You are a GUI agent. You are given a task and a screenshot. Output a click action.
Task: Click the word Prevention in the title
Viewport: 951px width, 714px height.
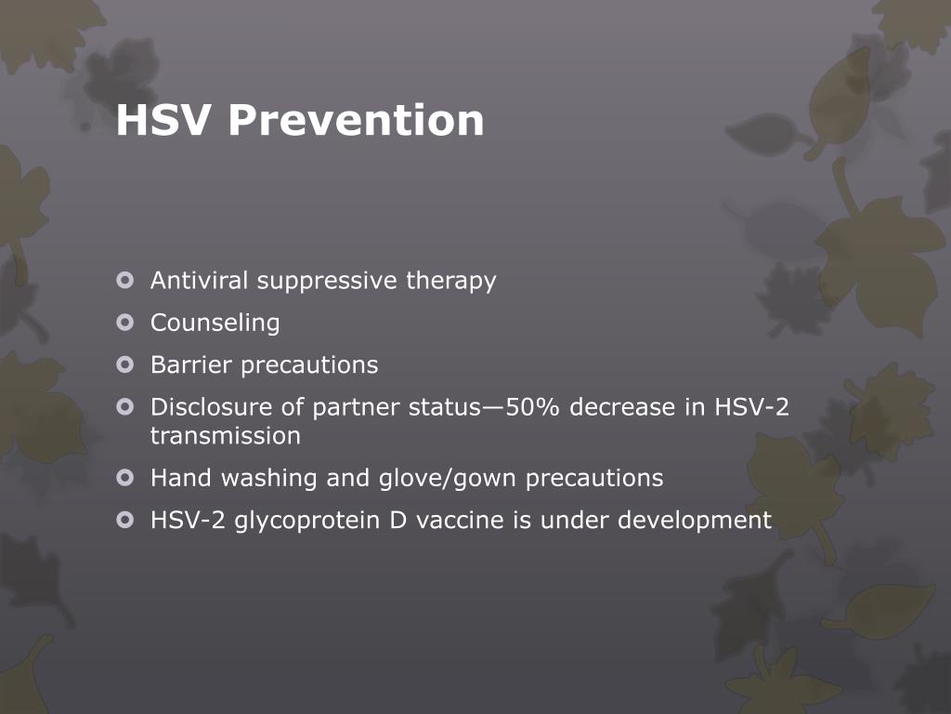(356, 121)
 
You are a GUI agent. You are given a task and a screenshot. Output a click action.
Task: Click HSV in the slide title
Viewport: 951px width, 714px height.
(164, 121)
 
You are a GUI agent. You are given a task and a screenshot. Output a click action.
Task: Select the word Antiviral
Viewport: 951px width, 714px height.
(200, 280)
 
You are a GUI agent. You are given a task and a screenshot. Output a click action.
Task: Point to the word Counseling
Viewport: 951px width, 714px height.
(215, 324)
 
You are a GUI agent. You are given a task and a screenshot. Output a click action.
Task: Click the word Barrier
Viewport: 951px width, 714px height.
(192, 364)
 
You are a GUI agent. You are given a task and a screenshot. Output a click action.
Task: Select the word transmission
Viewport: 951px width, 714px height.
(226, 435)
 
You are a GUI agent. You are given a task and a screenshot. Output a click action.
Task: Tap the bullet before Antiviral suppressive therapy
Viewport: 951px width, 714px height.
(126, 280)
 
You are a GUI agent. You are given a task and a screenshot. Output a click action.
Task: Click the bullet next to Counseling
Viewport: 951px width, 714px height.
(126, 323)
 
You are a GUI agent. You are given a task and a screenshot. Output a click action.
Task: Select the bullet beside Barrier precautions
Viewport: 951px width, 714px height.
(126, 364)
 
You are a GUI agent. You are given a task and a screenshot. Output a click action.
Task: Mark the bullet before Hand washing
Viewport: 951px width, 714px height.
(126, 478)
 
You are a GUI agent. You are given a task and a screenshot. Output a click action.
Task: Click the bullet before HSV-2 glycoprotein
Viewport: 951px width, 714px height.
(126, 520)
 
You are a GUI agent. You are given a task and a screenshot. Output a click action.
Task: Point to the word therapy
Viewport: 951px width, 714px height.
(450, 281)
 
